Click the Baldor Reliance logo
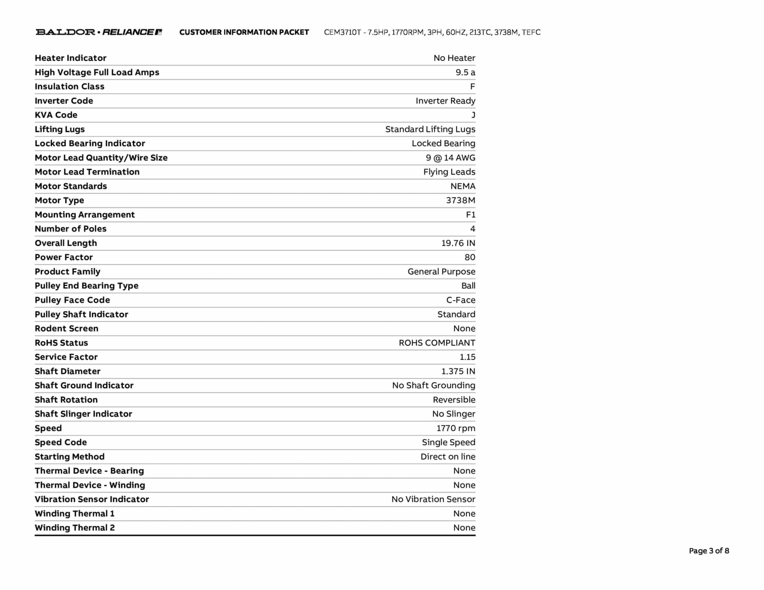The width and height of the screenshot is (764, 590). pyautogui.click(x=99, y=32)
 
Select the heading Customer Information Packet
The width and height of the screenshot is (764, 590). pyautogui.click(x=244, y=32)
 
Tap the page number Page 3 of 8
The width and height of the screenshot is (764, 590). pyautogui.click(x=709, y=550)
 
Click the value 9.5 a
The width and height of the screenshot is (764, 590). pyautogui.click(x=465, y=72)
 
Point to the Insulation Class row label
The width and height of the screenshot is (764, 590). pyautogui.click(x=69, y=87)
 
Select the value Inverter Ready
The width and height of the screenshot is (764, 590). pyautogui.click(x=445, y=101)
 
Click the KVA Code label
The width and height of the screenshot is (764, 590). pyautogui.click(x=56, y=115)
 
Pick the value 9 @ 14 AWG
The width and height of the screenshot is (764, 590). pyautogui.click(x=451, y=158)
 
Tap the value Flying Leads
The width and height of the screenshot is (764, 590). pyautogui.click(x=449, y=172)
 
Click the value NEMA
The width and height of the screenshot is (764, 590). pyautogui.click(x=463, y=186)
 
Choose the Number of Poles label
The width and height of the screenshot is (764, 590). pyautogui.click(x=71, y=229)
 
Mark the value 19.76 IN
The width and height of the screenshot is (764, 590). pyautogui.click(x=458, y=243)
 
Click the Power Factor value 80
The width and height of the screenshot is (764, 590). pyautogui.click(x=470, y=257)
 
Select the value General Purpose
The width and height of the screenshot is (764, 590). pyautogui.click(x=441, y=272)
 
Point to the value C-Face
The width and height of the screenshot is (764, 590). pyautogui.click(x=461, y=300)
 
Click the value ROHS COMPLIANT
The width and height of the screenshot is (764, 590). pyautogui.click(x=437, y=343)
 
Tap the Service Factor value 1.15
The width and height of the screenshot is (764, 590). pyautogui.click(x=467, y=357)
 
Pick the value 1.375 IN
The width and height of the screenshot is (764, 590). pyautogui.click(x=458, y=371)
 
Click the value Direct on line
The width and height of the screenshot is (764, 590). pyautogui.click(x=448, y=456)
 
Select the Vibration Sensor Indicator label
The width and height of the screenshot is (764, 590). pyautogui.click(x=92, y=499)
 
